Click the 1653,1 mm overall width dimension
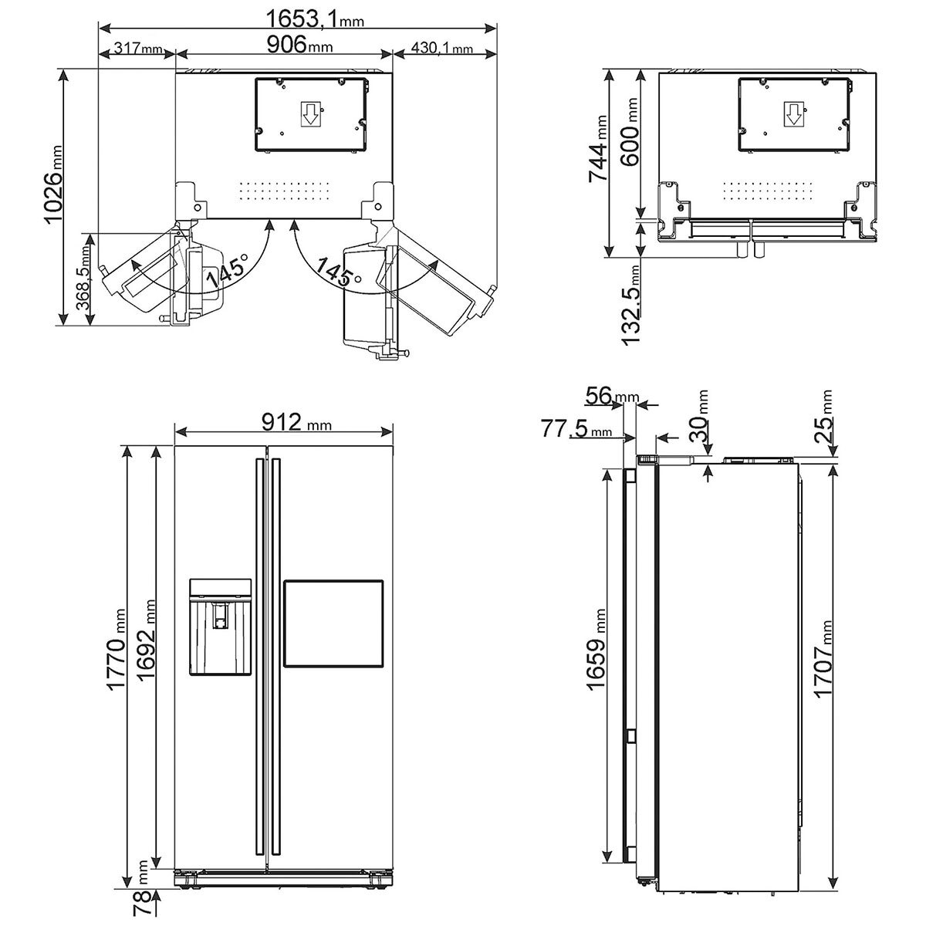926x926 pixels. click(315, 19)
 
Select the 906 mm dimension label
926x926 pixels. click(300, 46)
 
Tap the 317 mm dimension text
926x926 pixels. click(138, 48)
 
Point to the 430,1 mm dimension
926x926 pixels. click(441, 48)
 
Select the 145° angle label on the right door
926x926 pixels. click(339, 272)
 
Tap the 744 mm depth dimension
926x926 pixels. click(598, 148)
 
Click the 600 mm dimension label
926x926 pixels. click(629, 132)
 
